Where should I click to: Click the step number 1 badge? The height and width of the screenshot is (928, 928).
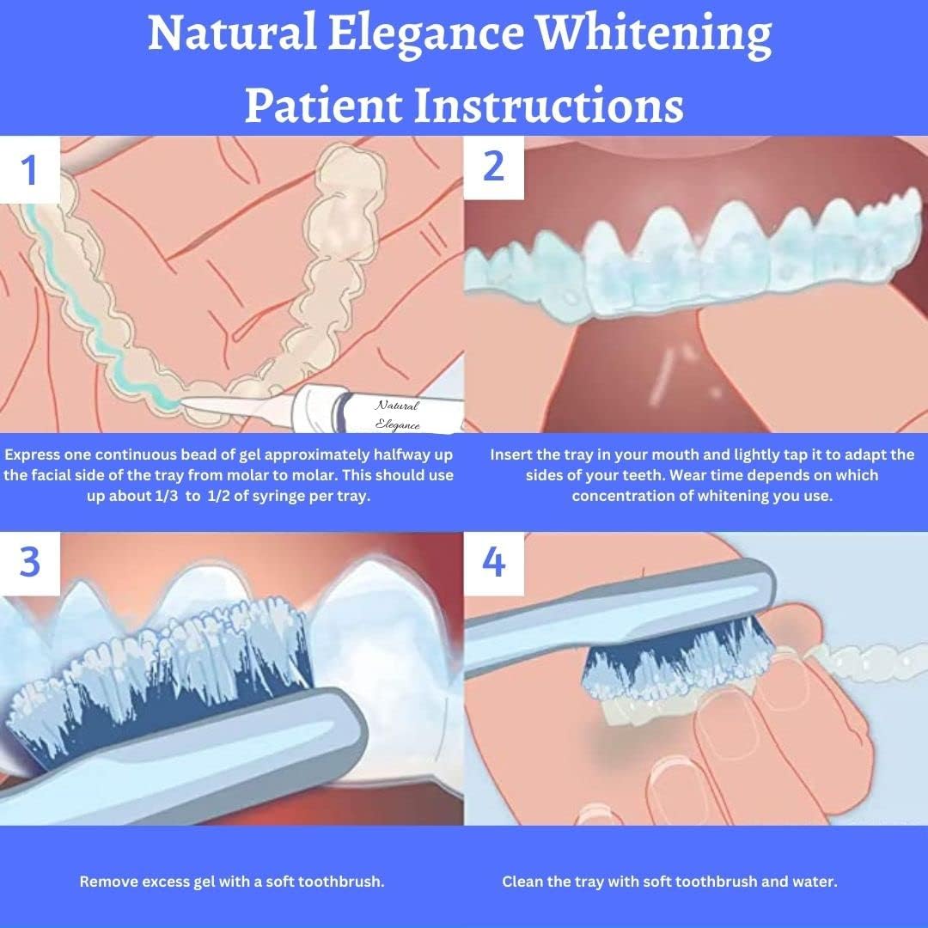30,169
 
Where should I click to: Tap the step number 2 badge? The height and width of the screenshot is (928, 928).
493,166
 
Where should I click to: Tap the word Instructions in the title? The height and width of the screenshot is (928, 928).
549,106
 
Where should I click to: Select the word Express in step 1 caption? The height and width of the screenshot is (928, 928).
35,455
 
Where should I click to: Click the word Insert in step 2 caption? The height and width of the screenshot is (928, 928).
511,455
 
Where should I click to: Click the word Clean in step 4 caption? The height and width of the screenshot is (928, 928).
523,882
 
